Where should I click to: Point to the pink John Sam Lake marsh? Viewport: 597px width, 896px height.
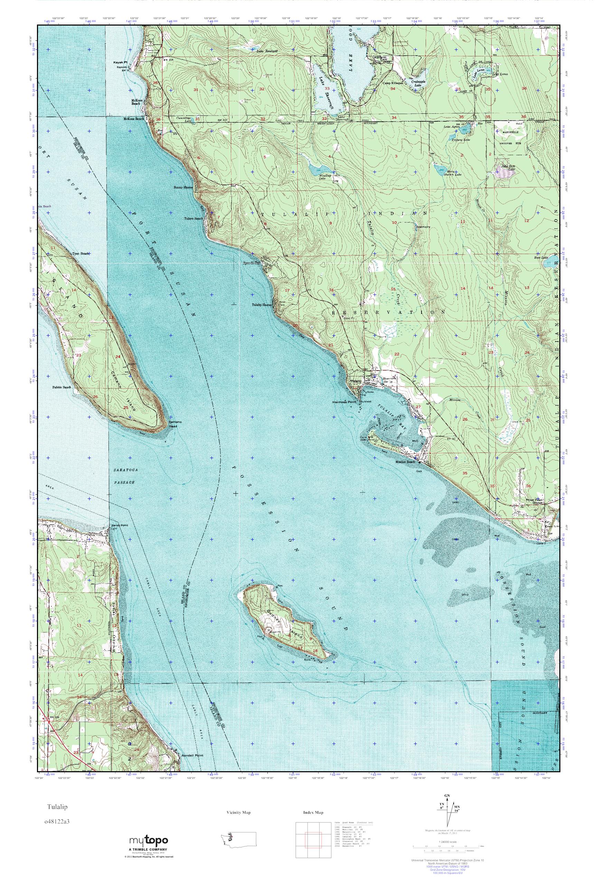[x=506, y=172]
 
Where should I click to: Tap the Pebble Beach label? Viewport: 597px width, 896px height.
[x=62, y=388]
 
